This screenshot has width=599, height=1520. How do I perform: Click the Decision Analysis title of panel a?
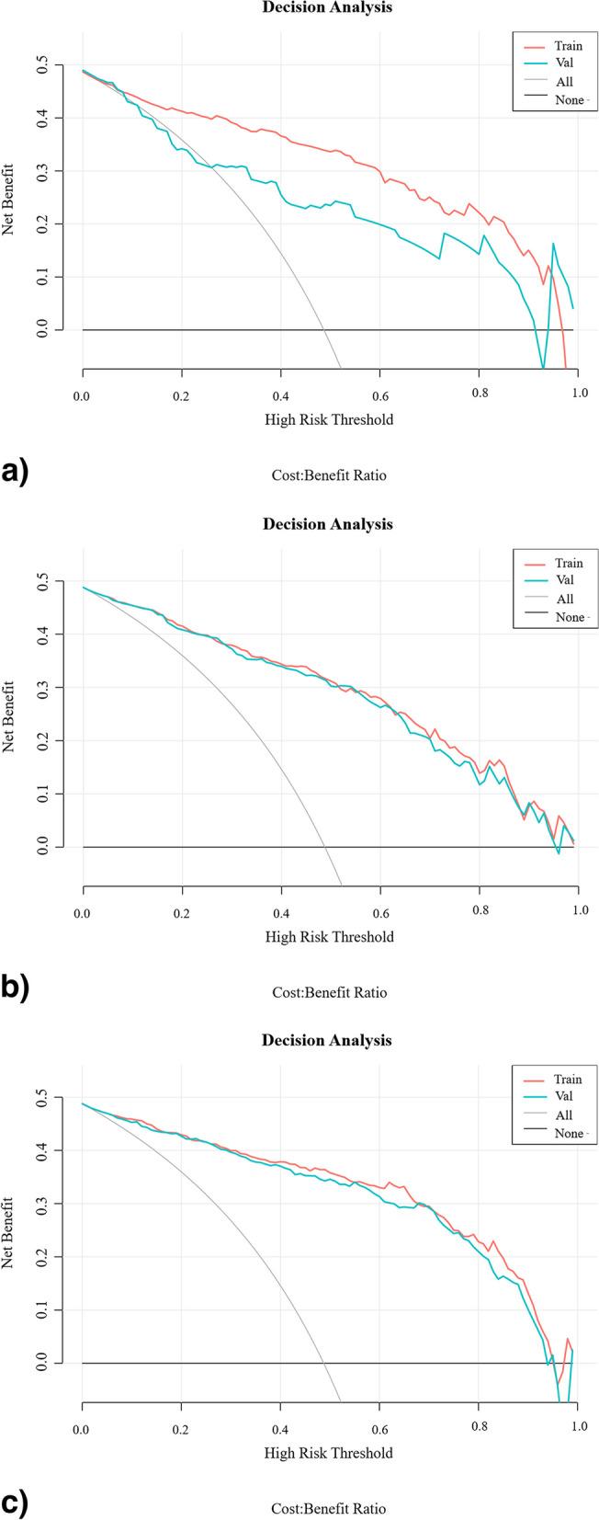pos(327,7)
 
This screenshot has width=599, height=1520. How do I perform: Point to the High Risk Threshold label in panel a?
pos(329,419)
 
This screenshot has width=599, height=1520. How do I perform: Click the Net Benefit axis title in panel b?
pos(9,717)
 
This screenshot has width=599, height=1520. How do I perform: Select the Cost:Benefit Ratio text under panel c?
pos(329,1508)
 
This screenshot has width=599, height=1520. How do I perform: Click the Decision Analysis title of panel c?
pos(327,1041)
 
